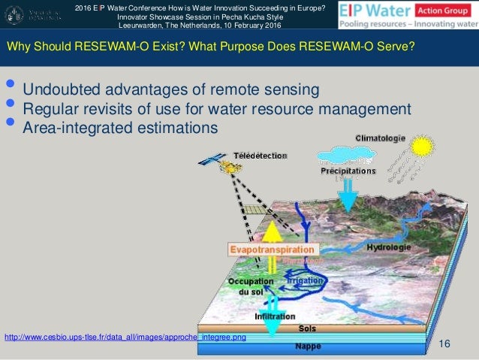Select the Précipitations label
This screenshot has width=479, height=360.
point(347,171)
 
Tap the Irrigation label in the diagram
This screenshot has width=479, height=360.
point(305,280)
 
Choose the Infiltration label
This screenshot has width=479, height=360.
point(275,316)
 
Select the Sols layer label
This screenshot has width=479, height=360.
point(307,328)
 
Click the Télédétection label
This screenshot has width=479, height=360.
point(260,155)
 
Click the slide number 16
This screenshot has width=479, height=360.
point(444,343)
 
